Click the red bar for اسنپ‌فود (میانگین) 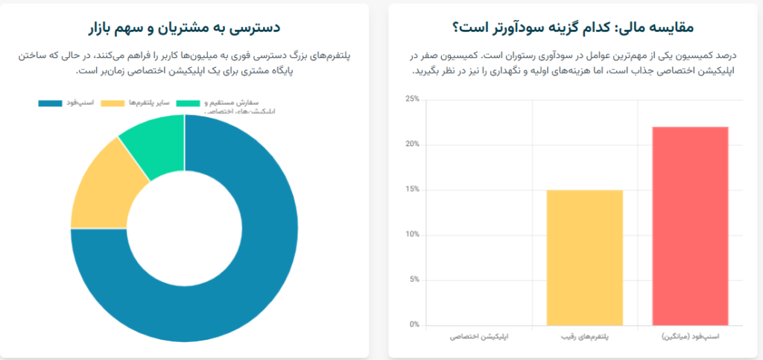[690, 226]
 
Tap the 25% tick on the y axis [411, 99]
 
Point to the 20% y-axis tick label [411, 145]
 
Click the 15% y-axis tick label [411, 189]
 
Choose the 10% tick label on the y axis [411, 235]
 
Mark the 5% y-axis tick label [413, 280]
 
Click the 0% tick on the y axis [413, 325]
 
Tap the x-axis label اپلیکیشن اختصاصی [479, 338]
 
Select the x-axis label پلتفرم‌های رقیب [584, 338]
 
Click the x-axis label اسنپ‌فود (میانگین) [690, 338]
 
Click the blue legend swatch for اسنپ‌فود [50, 103]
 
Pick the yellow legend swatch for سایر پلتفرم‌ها [112, 103]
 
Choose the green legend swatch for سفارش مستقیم [188, 103]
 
